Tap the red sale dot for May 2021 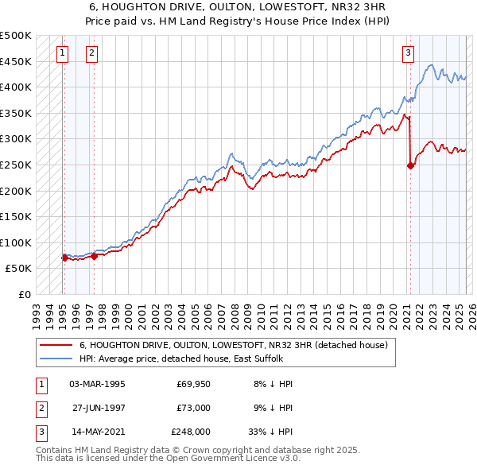click(410, 165)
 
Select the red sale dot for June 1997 click(94, 256)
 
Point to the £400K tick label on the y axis click(16, 87)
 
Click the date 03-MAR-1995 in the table click(97, 383)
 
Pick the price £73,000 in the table click(193, 408)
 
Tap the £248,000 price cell click(191, 432)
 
